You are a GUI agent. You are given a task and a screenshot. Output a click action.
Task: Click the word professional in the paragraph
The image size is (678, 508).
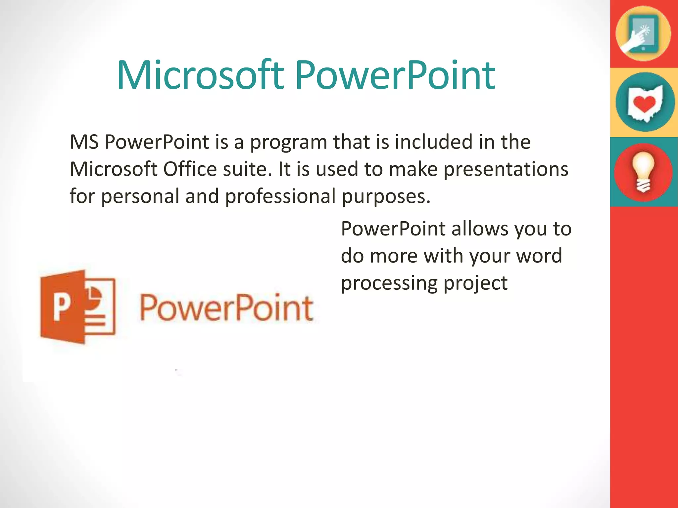coord(280,197)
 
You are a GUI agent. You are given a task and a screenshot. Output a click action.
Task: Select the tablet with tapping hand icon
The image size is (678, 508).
coord(643,33)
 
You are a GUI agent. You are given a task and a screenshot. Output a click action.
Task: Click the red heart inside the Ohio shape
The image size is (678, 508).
coord(644,104)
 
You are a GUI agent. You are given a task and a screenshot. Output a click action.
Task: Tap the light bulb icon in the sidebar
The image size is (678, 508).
coord(643,172)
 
